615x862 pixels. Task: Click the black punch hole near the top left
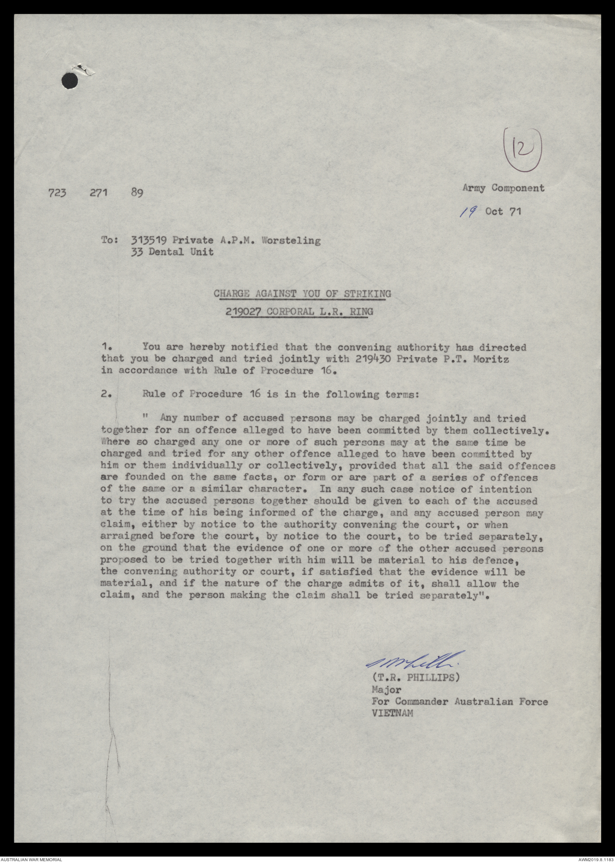70,80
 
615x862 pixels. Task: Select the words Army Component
503,188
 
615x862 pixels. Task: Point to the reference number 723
57,193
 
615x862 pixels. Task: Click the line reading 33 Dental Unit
172,252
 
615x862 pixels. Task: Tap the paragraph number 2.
106,394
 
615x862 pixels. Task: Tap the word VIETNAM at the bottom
392,713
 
